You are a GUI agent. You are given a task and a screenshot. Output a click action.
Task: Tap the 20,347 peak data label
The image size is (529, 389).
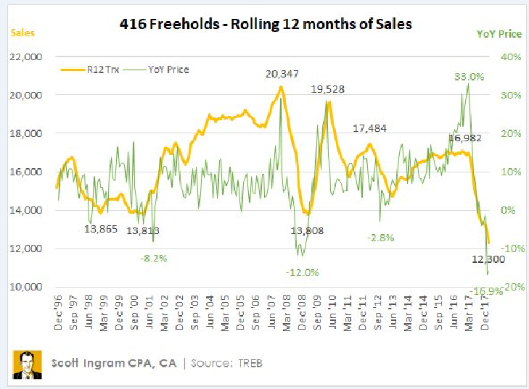(282, 74)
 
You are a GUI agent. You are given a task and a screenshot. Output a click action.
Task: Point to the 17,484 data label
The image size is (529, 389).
(370, 128)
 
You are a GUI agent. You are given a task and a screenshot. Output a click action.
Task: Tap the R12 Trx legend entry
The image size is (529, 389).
(94, 70)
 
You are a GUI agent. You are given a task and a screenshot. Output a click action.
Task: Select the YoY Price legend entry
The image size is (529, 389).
(165, 70)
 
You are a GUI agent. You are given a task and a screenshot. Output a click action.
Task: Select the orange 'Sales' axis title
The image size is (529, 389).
(22, 33)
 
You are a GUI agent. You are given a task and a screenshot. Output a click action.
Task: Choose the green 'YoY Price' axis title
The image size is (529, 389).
(497, 33)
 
